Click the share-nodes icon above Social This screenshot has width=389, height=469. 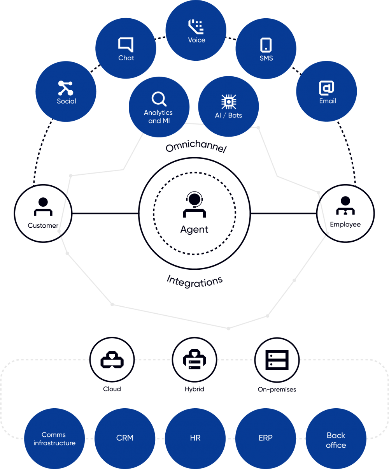click(66, 88)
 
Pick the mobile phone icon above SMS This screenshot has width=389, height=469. click(266, 45)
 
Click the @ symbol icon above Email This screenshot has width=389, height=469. click(327, 88)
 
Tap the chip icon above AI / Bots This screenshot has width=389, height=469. click(229, 102)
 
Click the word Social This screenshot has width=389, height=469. click(67, 101)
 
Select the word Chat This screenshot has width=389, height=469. click(126, 58)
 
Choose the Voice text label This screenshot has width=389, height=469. click(196, 40)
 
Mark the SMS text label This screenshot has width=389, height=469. click(266, 58)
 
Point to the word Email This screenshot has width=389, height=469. click(328, 101)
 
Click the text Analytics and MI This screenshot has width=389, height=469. click(158, 117)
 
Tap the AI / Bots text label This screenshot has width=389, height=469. click(229, 116)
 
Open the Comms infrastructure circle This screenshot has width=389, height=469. click(54, 439)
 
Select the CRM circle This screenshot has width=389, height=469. click(125, 438)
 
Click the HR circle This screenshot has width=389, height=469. click(195, 438)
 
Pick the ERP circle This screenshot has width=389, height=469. click(266, 438)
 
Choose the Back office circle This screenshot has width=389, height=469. click(336, 440)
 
